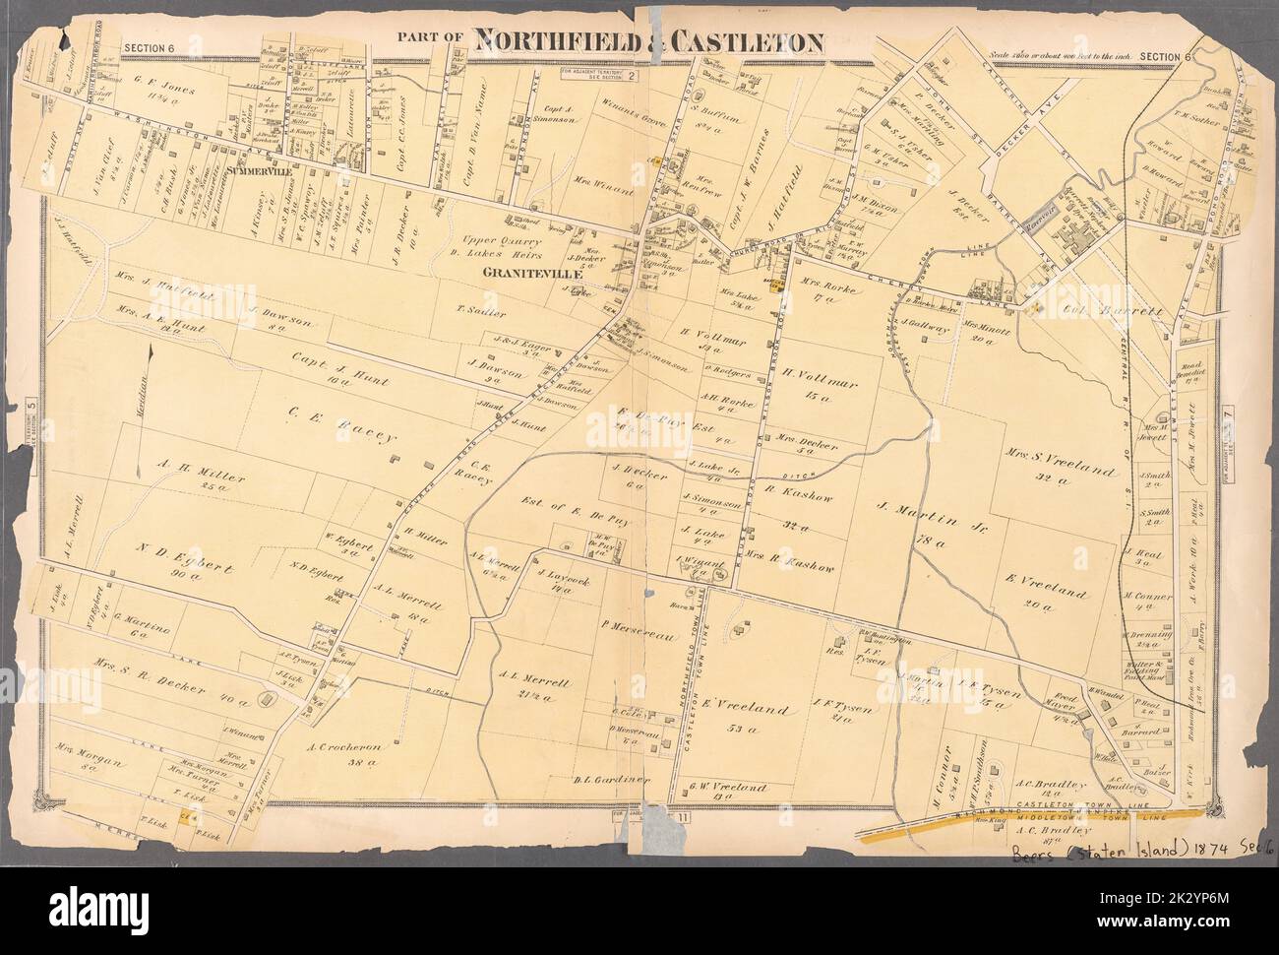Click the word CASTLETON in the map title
731,40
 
